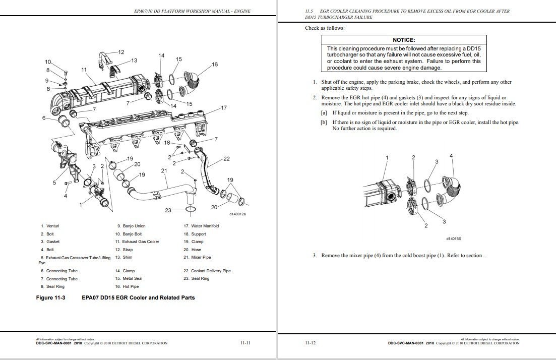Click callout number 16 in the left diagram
[x=215, y=64]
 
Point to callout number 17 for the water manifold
[x=224, y=107]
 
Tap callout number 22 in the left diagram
[x=226, y=159]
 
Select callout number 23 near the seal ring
[x=168, y=210]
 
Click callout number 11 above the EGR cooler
[x=84, y=70]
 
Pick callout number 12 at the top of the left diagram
[x=121, y=52]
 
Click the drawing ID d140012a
[x=237, y=214]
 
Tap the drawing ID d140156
[x=454, y=238]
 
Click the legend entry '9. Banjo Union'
[x=131, y=226]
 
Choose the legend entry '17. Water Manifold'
[x=201, y=226]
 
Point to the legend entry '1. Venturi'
[x=50, y=226]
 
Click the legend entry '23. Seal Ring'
[x=196, y=278]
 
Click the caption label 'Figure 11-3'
[x=51, y=297]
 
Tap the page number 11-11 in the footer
[x=245, y=343]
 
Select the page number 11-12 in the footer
[x=311, y=343]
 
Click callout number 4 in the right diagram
[x=451, y=156]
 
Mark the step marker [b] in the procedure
[x=324, y=122]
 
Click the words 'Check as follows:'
[x=325, y=28]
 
